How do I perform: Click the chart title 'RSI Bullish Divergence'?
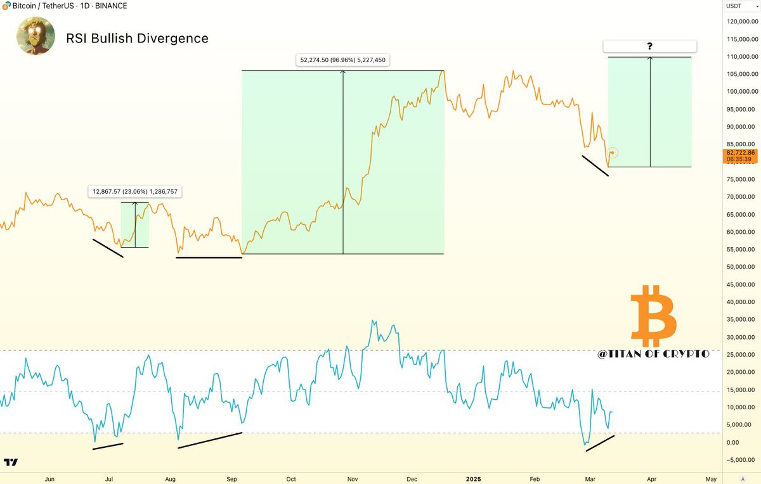137,39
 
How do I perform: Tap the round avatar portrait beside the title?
36,36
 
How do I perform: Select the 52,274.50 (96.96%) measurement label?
343,60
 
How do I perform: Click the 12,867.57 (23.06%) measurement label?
135,192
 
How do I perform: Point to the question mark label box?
649,46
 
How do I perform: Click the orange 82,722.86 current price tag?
741,156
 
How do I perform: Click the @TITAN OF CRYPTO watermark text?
653,354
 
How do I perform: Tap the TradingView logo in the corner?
11,462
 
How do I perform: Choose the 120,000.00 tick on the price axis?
743,22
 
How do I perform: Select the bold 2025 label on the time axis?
473,479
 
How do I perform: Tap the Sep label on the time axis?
231,479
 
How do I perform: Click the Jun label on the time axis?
49,479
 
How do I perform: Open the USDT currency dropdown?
742,6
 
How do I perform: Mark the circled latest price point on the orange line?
612,153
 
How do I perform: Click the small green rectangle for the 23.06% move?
135,225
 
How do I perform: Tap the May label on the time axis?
711,479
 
